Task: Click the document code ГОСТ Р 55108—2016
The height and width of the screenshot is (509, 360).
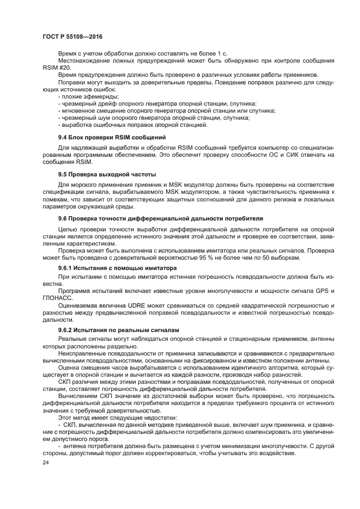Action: click(x=72, y=36)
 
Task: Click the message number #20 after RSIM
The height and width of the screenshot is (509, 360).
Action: click(x=63, y=68)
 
